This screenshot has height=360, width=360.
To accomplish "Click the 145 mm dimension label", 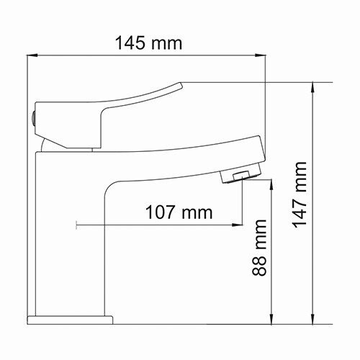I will click(149, 42).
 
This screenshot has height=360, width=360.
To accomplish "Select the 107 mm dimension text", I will click(179, 212).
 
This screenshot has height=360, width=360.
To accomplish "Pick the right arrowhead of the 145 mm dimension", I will click(261, 55).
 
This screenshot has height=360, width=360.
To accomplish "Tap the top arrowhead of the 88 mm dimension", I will click(271, 185).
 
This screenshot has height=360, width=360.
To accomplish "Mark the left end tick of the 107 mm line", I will click(76, 226).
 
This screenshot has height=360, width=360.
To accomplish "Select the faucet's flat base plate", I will click(71, 318).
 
